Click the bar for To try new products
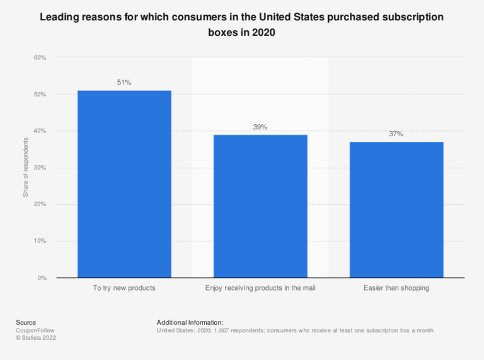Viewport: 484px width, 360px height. click(x=124, y=184)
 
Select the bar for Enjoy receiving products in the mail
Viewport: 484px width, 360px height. click(x=260, y=206)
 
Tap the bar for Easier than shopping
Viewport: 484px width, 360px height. click(x=396, y=210)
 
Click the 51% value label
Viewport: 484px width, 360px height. click(x=124, y=83)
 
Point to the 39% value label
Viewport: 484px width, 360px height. click(x=260, y=127)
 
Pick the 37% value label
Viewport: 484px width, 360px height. click(x=396, y=134)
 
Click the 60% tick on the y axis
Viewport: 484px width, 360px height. click(x=40, y=58)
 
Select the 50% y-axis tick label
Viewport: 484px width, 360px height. click(x=40, y=95)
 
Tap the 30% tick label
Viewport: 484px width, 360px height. click(x=40, y=168)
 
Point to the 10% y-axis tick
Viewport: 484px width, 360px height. click(x=40, y=241)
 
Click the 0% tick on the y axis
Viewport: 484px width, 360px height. click(x=42, y=278)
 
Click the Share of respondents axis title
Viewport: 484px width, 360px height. click(x=26, y=168)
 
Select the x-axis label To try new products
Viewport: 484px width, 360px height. click(x=124, y=288)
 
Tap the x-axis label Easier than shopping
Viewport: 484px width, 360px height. click(x=396, y=288)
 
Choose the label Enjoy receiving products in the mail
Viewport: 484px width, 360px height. click(x=260, y=288)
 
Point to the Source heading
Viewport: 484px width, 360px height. click(x=26, y=322)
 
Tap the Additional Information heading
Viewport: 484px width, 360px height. click(x=190, y=322)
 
